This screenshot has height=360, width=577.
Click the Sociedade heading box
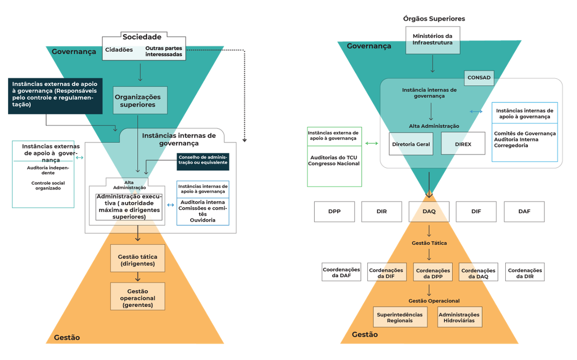click(x=142, y=37)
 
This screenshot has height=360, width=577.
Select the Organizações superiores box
click(x=137, y=100)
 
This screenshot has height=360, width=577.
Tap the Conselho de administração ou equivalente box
click(x=202, y=159)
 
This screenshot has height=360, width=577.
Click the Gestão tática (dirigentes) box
click(x=137, y=260)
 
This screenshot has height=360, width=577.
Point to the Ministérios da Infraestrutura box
click(x=432, y=40)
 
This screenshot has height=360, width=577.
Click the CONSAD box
click(x=479, y=78)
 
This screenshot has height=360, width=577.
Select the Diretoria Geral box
click(x=410, y=144)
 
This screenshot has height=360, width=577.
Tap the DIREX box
click(x=463, y=144)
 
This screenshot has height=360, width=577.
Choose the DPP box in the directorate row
click(x=334, y=212)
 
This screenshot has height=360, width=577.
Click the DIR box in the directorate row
click(x=381, y=212)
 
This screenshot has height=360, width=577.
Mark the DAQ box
click(x=429, y=212)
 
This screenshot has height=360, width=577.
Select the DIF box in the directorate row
click(x=476, y=212)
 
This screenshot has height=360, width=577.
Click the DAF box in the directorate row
click(x=524, y=212)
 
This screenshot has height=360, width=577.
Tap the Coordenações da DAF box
click(x=341, y=272)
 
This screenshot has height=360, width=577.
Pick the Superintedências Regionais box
click(x=399, y=317)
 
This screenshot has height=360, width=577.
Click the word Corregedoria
click(x=512, y=145)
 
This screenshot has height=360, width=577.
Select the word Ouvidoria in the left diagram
click(x=203, y=220)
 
